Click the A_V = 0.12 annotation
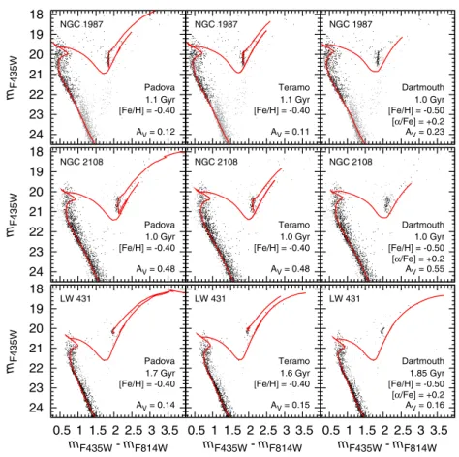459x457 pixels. tap(155, 132)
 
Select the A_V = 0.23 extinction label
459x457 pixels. tap(425, 132)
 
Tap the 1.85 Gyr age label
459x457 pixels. tap(427, 373)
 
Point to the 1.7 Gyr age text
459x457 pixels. tap(161, 373)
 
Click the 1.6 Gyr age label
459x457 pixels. tap(295, 373)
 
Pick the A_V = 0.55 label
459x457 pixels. tap(425, 269)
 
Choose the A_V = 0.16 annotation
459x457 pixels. tap(425, 405)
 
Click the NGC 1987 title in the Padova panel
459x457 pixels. tap(81, 24)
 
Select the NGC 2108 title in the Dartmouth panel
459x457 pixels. tap(351, 162)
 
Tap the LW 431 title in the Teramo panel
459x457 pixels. tap(210, 298)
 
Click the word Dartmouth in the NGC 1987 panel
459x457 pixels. tap(423, 87)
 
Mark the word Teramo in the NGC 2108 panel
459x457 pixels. tap(294, 225)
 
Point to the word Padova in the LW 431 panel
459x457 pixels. tap(160, 361)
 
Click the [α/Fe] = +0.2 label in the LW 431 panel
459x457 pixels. tap(418, 395)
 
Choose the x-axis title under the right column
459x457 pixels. tap(387, 446)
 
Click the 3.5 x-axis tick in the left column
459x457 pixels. tap(169, 430)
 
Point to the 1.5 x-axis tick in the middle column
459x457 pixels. tap(232, 430)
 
